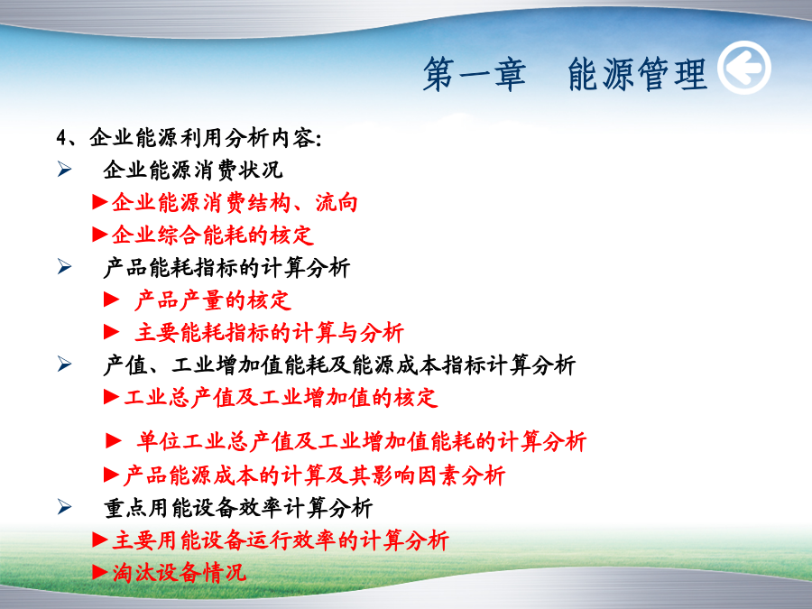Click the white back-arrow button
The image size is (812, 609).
pos(744,68)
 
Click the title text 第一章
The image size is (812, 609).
pos(475,75)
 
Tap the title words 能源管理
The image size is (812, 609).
pos(637,75)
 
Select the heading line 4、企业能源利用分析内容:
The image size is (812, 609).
pos(189,138)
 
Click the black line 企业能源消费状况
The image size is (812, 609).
pos(193,170)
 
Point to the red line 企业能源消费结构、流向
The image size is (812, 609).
pos(235,202)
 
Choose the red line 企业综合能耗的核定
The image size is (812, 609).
pos(213,235)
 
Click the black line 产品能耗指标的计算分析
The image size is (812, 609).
pos(226,268)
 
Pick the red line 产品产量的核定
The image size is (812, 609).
pos(213,300)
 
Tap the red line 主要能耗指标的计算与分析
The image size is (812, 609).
pos(269,332)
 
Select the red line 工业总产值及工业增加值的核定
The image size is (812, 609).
pos(281,398)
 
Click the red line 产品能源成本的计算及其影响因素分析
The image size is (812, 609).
pos(314,475)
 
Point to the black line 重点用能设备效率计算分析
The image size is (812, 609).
pos(238,508)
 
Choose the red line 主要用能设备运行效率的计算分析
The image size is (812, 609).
pos(281,540)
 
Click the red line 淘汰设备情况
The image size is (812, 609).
pos(180,573)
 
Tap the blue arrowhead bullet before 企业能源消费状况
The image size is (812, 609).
pos(64,170)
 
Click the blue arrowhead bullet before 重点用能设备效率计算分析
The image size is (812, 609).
pos(64,507)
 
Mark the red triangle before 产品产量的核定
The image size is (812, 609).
pos(111,300)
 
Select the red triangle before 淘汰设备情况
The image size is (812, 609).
pos(100,572)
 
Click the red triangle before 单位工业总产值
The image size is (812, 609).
pos(114,440)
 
